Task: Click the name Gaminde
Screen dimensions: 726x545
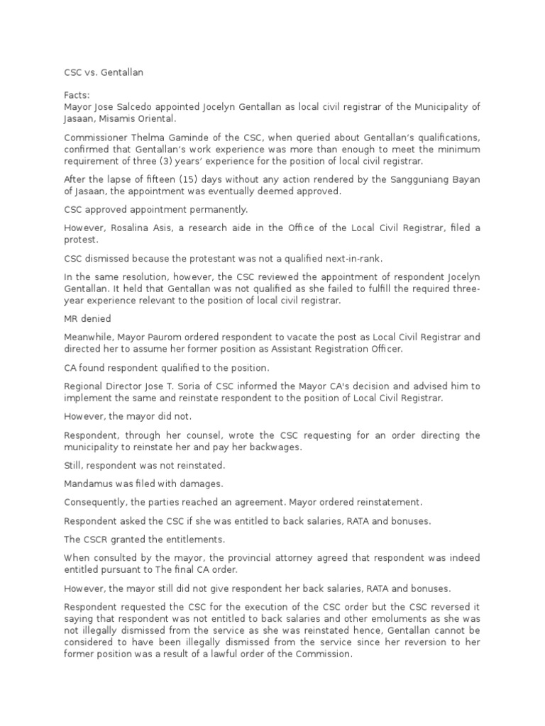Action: tap(188, 137)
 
